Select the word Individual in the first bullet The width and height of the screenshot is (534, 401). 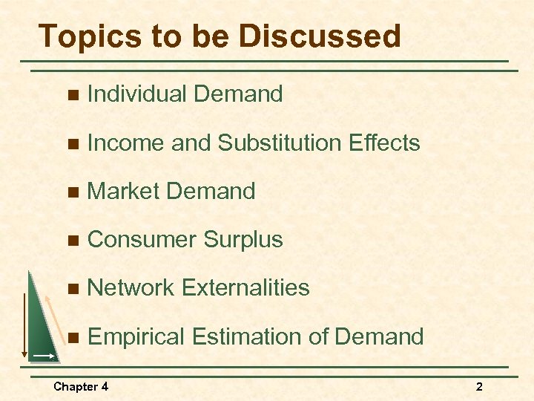tap(136, 94)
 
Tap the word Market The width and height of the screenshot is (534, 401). tap(123, 191)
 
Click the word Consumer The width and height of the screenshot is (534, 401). tap(141, 239)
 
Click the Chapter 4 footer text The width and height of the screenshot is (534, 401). tap(81, 386)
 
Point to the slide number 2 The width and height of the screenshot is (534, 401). tap(479, 386)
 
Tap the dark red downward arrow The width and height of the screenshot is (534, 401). tap(24, 327)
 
